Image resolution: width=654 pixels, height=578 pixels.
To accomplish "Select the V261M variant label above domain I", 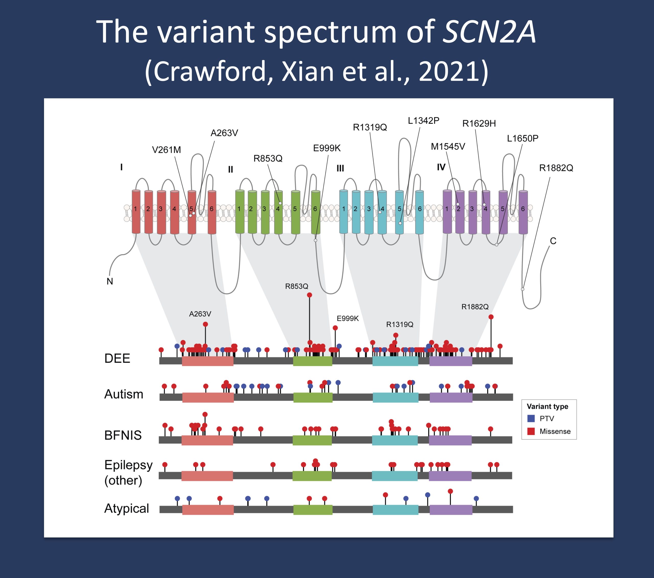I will point(166,150).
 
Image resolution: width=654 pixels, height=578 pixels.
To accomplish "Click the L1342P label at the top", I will point(423,121).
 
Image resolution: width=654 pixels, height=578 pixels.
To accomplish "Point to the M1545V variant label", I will point(448,147).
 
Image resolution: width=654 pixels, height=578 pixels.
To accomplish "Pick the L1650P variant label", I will point(522,139).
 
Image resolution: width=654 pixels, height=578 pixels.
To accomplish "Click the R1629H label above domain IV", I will point(479,124).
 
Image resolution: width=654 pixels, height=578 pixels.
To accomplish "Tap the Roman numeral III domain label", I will point(340,168).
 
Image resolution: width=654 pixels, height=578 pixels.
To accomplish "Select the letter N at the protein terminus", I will point(110,281).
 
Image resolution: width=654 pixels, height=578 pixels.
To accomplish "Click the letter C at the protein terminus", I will point(553,241).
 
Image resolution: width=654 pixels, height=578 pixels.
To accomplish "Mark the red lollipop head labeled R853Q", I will point(309,295).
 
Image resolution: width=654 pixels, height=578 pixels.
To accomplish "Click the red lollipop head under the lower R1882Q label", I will point(491,317).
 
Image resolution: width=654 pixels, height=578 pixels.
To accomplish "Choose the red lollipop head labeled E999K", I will point(335,328).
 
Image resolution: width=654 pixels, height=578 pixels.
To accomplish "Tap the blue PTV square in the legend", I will point(531,418).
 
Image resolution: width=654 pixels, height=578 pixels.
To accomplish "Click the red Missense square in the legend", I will point(531,431).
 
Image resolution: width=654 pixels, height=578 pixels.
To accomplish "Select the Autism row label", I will point(123,394).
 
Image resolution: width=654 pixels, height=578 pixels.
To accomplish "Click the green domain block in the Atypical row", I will point(313,509).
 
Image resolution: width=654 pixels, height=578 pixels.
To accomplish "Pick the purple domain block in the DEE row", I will point(450,361).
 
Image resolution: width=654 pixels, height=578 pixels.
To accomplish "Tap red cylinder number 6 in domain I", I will point(212,212).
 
